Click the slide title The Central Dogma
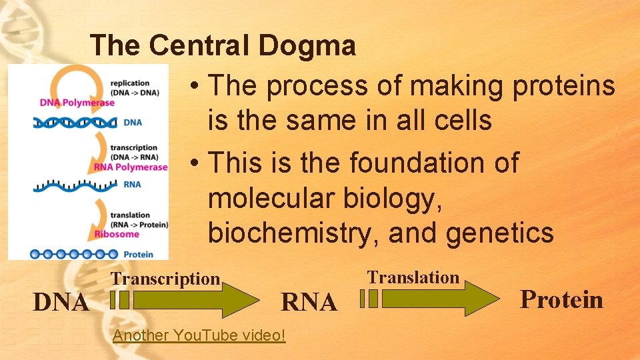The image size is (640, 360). pos(223,46)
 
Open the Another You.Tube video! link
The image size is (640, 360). pos(199,335)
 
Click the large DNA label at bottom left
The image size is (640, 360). pos(61,303)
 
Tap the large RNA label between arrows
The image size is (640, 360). pos(309,303)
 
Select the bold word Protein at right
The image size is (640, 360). pos(561,299)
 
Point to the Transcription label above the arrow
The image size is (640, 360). pos(165,279)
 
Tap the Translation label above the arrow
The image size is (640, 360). pos(413,277)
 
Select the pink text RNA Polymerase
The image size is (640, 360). pos(131,167)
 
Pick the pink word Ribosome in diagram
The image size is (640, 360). pos(117,234)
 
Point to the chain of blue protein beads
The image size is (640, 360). pos(73,254)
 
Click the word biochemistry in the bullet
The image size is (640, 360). pos(293,233)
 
